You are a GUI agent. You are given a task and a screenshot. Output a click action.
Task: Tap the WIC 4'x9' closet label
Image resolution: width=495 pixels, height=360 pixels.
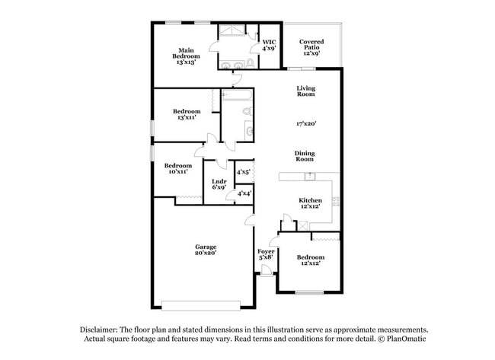(268, 45)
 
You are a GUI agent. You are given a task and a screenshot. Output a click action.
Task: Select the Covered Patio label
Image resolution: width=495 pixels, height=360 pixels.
(312, 47)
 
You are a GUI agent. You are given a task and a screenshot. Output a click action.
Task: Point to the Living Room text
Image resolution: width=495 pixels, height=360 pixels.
(305, 91)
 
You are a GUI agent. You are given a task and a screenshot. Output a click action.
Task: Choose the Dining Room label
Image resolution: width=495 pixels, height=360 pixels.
(305, 156)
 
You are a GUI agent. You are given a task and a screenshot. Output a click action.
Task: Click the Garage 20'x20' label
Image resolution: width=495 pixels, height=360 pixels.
(206, 250)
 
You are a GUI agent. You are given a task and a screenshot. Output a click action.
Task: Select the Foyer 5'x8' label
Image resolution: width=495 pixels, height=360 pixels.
(266, 254)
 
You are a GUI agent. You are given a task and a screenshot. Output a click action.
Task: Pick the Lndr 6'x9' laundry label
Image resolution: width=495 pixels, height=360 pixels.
(219, 184)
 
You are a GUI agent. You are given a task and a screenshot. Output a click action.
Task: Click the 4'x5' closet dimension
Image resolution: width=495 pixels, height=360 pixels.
(244, 173)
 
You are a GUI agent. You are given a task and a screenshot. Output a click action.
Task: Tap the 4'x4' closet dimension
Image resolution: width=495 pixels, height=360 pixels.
(244, 194)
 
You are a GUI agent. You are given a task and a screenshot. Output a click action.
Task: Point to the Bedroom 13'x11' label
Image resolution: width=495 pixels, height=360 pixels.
(186, 114)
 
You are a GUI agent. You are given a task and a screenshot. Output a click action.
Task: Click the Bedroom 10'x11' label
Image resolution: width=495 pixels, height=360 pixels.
(178, 169)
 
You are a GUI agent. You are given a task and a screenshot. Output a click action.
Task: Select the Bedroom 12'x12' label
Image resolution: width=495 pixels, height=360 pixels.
(310, 260)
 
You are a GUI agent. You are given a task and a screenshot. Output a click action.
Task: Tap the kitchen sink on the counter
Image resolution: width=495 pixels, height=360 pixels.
(310, 177)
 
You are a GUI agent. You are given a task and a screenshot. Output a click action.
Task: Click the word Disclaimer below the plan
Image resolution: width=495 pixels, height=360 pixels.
(100, 330)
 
